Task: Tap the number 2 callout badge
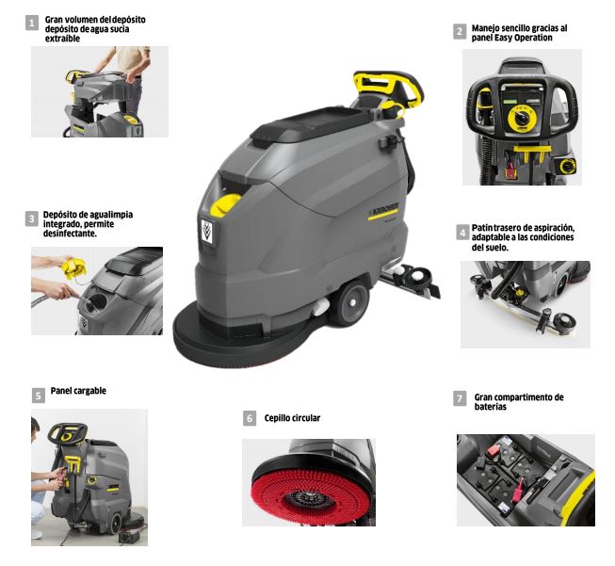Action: [x=459, y=32]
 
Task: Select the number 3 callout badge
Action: [x=32, y=218]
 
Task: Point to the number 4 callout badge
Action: [x=462, y=232]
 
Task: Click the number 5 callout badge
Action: [x=38, y=396]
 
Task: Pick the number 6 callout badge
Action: [x=250, y=418]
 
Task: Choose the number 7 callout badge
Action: [x=460, y=399]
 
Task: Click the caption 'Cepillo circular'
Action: [x=292, y=418]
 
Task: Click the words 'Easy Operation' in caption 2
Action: [x=526, y=39]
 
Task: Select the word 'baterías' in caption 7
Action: [x=491, y=407]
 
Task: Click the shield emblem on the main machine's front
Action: [x=207, y=230]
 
